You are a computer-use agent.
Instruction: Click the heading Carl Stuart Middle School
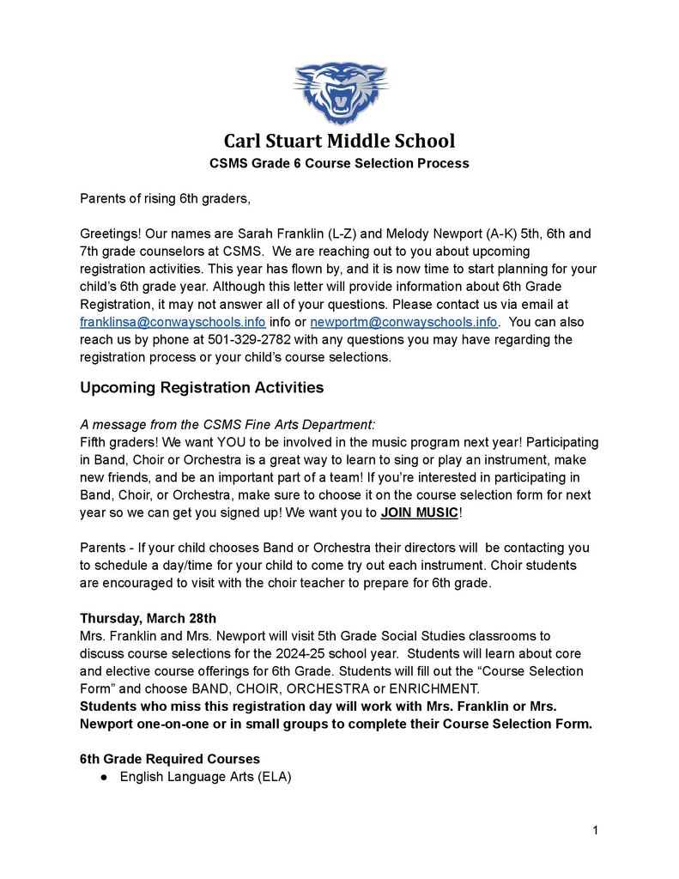coord(340,141)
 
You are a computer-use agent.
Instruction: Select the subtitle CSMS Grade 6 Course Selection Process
coord(340,163)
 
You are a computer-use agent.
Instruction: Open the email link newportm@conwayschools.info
coord(403,323)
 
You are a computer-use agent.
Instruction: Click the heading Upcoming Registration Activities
coord(202,388)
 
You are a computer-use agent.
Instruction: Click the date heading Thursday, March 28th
coord(148,618)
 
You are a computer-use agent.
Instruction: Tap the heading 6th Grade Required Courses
coord(170,760)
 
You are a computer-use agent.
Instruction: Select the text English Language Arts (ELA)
coord(206,778)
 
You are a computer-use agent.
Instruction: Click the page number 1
coord(595,830)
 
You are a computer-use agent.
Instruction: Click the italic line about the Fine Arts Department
coord(227,425)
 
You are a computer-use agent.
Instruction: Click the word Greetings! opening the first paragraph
coord(109,233)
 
